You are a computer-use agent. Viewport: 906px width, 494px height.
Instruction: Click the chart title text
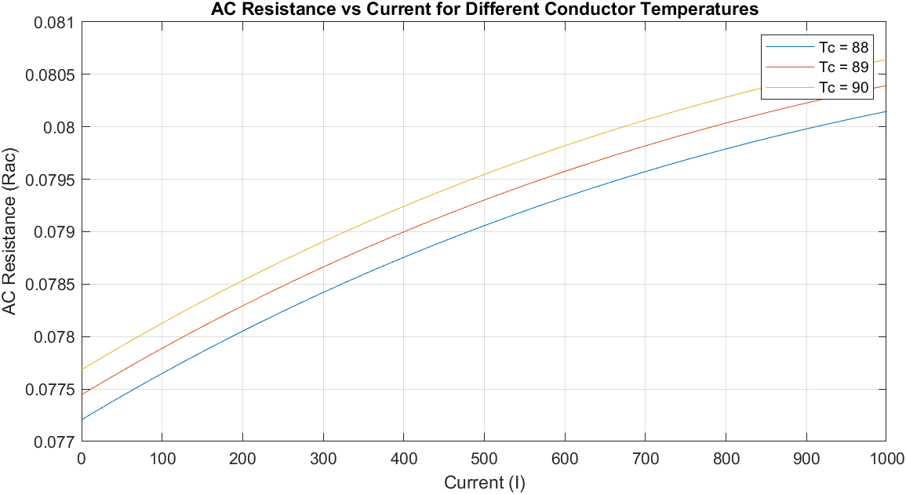click(x=484, y=9)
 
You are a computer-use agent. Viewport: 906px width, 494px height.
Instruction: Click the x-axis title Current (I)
click(x=484, y=482)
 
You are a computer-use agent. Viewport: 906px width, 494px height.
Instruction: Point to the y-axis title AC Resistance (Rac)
click(x=10, y=231)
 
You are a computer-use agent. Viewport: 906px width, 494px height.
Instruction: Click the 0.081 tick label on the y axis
click(x=54, y=22)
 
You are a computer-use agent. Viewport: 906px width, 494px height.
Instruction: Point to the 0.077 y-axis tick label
click(x=54, y=442)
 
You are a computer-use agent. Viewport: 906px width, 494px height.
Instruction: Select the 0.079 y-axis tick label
click(x=54, y=232)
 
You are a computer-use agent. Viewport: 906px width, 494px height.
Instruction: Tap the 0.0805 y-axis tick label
click(x=50, y=74)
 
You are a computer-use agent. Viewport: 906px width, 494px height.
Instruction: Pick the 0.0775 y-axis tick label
click(x=50, y=390)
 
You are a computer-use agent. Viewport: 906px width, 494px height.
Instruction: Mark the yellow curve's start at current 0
click(x=82, y=369)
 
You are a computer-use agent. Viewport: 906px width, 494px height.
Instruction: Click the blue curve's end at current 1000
click(x=886, y=111)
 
